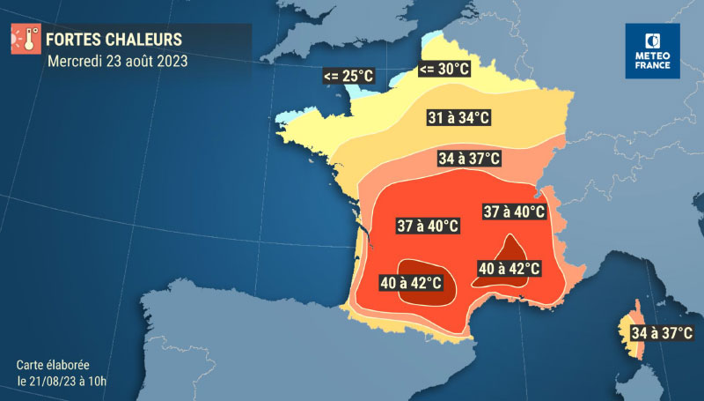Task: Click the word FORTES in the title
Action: coord(70,41)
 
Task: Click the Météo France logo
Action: coord(652,51)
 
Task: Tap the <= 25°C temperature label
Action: coord(348,77)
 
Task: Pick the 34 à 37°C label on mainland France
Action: coord(469,160)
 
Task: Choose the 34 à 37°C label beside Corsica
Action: coord(661,333)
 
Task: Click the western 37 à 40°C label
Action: coord(428,226)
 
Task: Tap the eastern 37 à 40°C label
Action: coord(514,212)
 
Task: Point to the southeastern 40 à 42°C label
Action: coord(508,268)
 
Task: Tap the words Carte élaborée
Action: coord(53,364)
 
